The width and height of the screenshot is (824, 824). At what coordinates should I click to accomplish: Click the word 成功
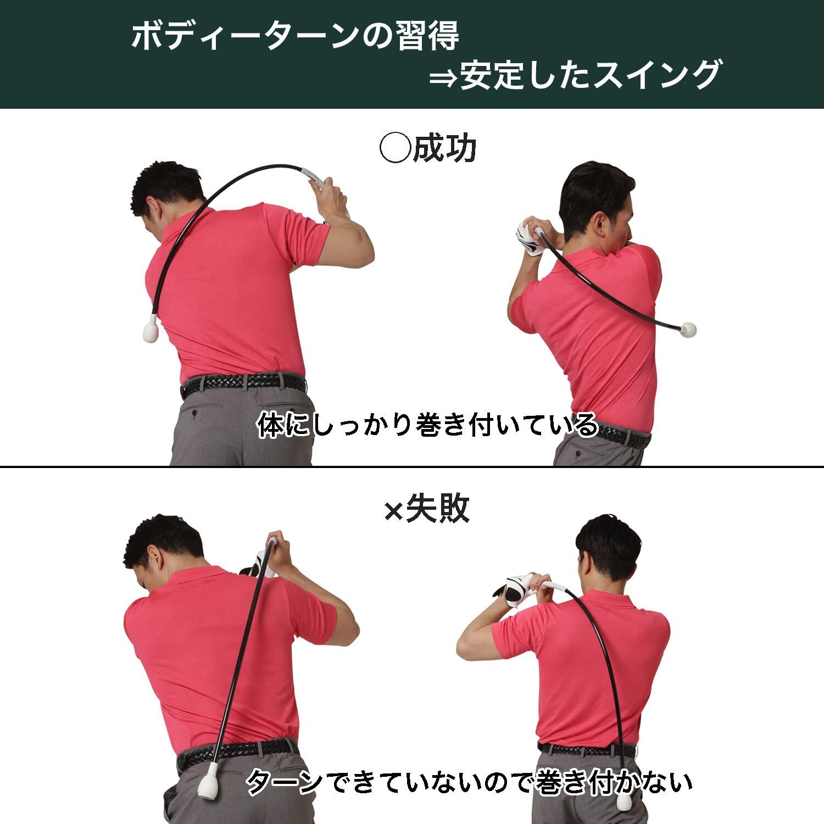click(444, 148)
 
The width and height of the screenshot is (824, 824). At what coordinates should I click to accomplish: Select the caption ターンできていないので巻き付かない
click(469, 782)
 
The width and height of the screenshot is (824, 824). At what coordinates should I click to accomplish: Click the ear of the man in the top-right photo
click(600, 223)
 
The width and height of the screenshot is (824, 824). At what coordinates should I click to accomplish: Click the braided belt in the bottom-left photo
click(237, 753)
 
